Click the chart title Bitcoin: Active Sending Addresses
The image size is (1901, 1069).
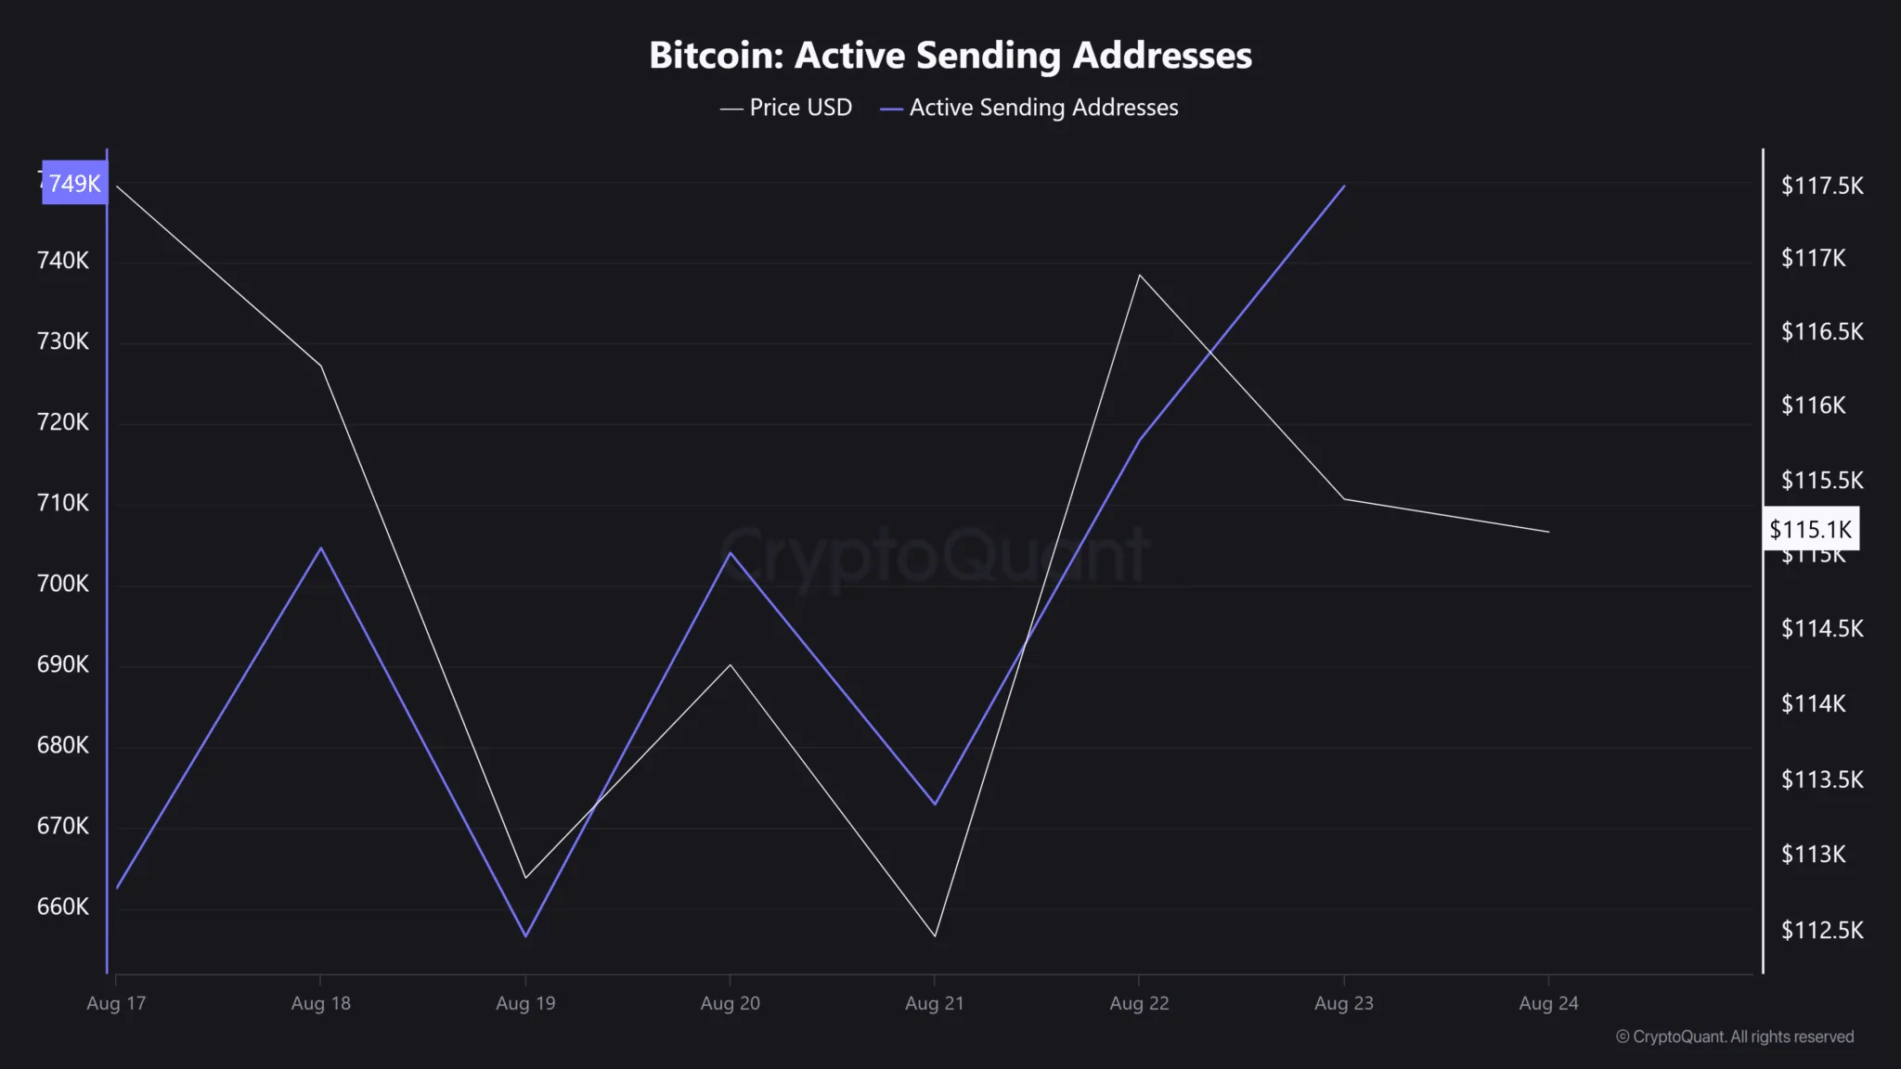950,56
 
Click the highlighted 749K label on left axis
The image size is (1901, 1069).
74,183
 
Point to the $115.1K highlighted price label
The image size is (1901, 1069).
1810,529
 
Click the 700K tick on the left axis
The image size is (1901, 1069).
63,584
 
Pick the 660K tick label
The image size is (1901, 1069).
63,907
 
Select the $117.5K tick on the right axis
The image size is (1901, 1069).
1821,186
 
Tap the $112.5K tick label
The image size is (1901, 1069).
1821,930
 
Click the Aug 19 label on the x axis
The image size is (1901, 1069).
525,1003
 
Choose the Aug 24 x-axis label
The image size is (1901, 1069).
1548,1003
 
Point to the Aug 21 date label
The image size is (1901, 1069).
935,1003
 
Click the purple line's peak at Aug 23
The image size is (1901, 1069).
1344,186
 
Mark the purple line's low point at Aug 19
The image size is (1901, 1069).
525,935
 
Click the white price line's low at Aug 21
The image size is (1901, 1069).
935,935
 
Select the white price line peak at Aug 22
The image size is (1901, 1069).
1139,275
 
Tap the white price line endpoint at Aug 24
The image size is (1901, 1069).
1548,532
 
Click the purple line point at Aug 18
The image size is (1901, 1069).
321,548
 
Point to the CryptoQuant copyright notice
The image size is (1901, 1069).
1735,1037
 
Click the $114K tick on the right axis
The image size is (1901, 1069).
1813,703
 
